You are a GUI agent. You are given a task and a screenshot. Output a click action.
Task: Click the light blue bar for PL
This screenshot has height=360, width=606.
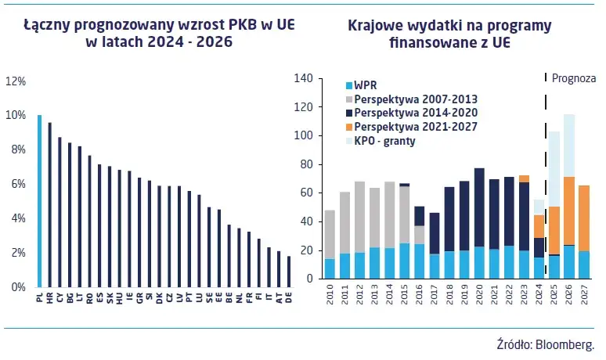click(39, 201)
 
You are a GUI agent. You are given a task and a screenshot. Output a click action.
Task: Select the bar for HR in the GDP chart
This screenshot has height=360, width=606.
click(49, 205)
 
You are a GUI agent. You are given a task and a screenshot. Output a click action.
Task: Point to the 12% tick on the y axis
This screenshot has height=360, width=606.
click(16, 81)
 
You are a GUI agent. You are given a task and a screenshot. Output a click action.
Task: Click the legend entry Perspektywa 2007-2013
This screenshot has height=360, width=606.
click(415, 99)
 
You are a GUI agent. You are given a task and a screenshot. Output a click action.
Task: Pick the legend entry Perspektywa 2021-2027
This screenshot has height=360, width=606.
click(415, 127)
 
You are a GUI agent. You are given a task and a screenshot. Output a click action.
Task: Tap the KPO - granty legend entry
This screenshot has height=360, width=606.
click(388, 141)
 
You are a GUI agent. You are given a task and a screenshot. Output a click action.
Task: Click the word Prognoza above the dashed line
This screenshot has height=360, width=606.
click(574, 78)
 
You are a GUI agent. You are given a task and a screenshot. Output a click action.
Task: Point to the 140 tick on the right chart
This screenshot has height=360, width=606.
click(305, 78)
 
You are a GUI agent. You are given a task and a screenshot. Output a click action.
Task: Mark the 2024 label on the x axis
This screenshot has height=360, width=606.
click(539, 296)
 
